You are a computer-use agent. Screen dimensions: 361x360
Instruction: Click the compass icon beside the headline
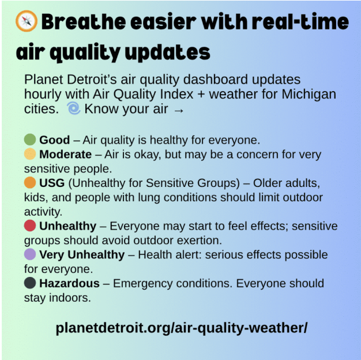click(x=27, y=21)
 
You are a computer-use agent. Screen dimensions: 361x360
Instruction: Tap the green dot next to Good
click(x=30, y=140)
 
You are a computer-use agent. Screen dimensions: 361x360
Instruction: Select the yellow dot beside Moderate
click(x=30, y=154)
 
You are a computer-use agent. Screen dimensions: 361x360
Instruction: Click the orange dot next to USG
click(x=30, y=182)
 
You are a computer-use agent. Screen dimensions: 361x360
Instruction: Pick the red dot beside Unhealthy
click(x=30, y=226)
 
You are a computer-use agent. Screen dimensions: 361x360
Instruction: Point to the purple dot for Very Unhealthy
click(x=30, y=254)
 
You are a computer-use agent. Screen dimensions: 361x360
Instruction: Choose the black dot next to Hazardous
click(x=30, y=283)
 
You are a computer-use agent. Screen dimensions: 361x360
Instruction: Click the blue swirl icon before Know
click(x=74, y=108)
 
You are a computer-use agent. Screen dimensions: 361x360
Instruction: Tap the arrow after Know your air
click(x=179, y=111)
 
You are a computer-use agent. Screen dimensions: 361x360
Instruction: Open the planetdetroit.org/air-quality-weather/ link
click(x=182, y=328)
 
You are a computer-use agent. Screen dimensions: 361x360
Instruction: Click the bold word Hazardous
click(x=69, y=283)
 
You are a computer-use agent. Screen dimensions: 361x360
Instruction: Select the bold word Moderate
click(x=65, y=154)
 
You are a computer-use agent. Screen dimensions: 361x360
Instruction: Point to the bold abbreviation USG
click(x=52, y=183)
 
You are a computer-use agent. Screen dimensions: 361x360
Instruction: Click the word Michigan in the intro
click(x=309, y=95)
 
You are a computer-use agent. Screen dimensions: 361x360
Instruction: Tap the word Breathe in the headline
click(x=84, y=22)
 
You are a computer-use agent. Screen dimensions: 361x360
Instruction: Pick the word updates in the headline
click(x=168, y=52)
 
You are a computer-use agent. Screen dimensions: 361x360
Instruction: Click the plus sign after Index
click(x=201, y=95)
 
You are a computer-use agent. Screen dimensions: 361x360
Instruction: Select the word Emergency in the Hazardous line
click(x=142, y=284)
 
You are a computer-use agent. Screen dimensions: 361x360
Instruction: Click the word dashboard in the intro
click(x=216, y=80)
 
